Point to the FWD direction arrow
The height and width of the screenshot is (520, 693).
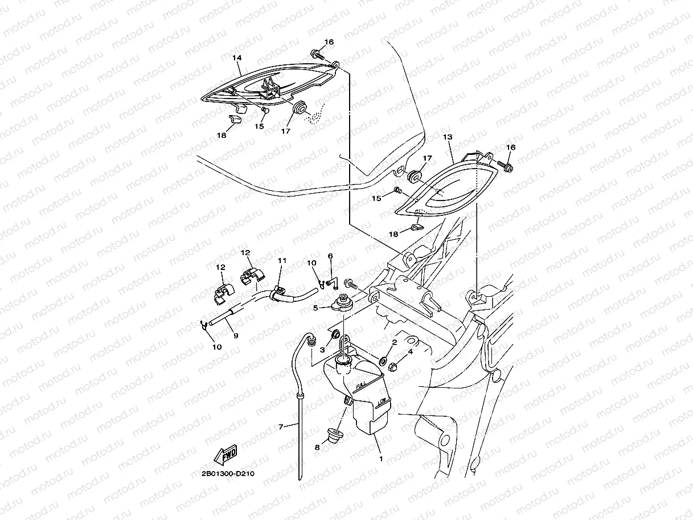[x=225, y=455]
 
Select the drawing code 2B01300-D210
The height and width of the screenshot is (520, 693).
[x=228, y=473]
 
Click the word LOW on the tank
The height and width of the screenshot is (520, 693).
[x=382, y=402]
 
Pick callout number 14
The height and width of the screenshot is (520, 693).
[x=237, y=58]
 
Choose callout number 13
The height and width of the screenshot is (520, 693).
[x=447, y=137]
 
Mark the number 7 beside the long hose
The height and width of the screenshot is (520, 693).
[x=280, y=426]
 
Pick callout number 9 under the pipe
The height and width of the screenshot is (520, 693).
[x=235, y=335]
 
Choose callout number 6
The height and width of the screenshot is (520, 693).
[x=330, y=256]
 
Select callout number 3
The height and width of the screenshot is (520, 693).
[x=322, y=349]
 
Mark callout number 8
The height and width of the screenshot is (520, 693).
[x=317, y=448]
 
